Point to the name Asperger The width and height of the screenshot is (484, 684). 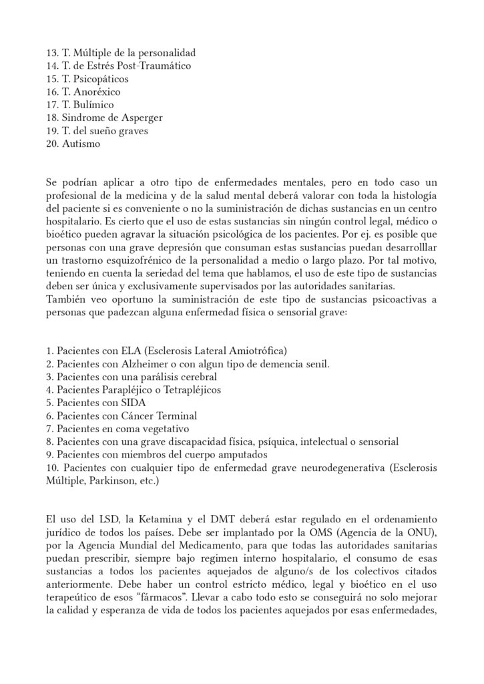coord(138,118)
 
